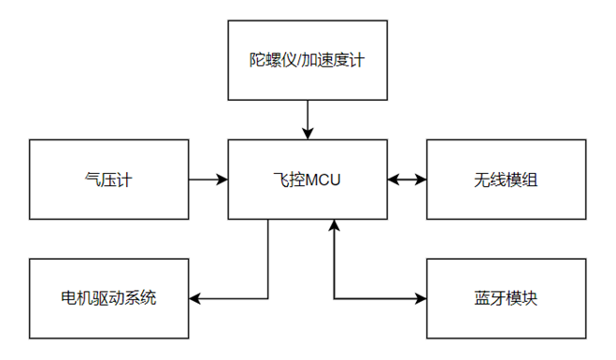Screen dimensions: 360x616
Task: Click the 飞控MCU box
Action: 308,179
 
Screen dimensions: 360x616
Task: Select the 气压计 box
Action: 108,179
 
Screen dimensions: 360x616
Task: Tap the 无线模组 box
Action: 506,179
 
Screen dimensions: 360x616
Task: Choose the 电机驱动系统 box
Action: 108,299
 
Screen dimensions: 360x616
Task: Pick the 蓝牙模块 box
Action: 506,299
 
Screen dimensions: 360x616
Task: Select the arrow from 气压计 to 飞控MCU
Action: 208,179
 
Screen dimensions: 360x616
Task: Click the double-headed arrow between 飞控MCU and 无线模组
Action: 407,179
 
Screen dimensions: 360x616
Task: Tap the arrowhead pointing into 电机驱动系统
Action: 195,299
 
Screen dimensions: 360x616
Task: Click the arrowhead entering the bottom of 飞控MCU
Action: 334,225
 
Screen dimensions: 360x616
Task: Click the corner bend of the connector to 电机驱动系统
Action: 268,299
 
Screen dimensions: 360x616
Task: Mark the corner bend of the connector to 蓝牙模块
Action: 334,299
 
